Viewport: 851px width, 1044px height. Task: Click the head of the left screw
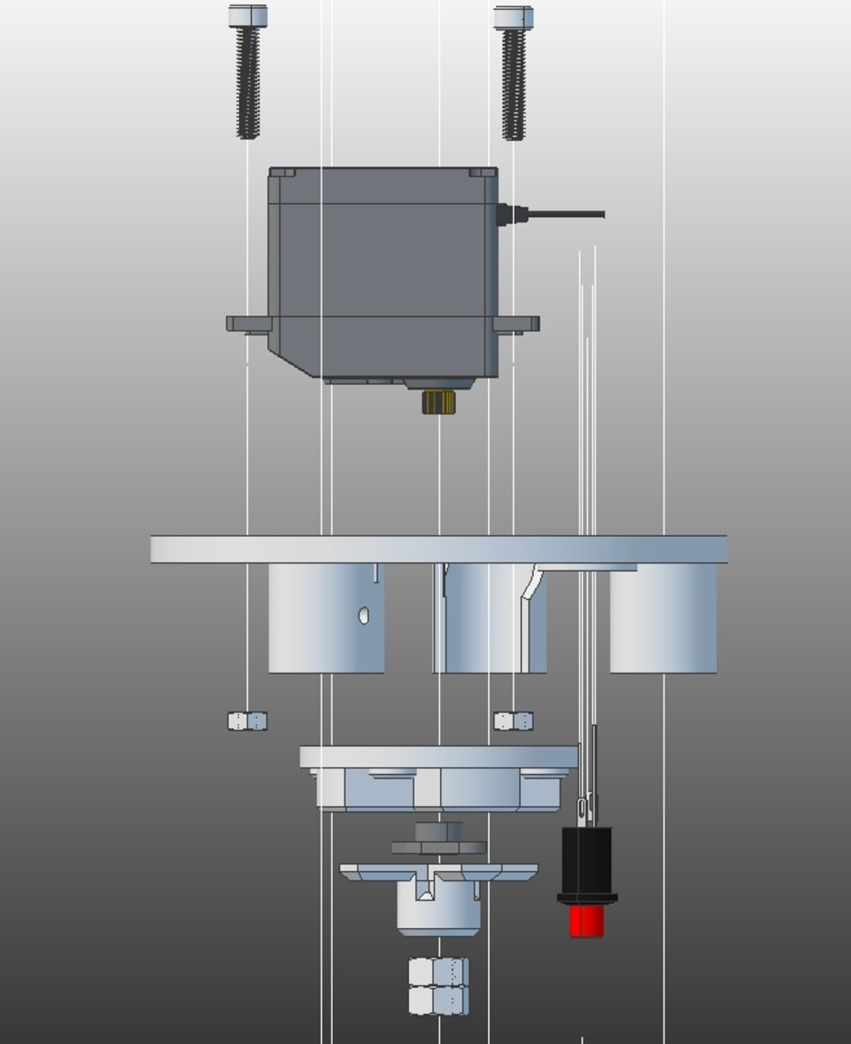[247, 16]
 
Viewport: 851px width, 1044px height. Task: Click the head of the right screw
[513, 17]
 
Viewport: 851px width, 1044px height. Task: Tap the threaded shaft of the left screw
[247, 83]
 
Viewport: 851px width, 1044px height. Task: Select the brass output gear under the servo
[438, 403]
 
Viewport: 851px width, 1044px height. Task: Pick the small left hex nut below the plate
[247, 721]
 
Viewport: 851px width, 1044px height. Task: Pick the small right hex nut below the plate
[513, 721]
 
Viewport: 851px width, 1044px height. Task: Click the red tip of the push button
[586, 921]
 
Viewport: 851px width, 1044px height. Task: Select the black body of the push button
[586, 860]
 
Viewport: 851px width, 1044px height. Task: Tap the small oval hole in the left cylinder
[364, 616]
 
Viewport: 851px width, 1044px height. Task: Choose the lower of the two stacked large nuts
[438, 1001]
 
